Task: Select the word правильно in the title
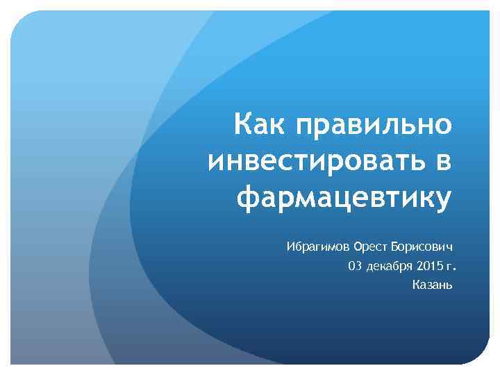click(374, 126)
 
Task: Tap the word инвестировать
click(313, 162)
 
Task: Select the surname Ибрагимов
click(318, 247)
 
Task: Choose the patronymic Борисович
click(422, 247)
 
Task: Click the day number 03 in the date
click(355, 266)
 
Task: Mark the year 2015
click(432, 266)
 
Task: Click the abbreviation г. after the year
click(454, 267)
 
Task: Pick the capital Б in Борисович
click(394, 247)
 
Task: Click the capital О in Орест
click(358, 247)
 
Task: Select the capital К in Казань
click(415, 285)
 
